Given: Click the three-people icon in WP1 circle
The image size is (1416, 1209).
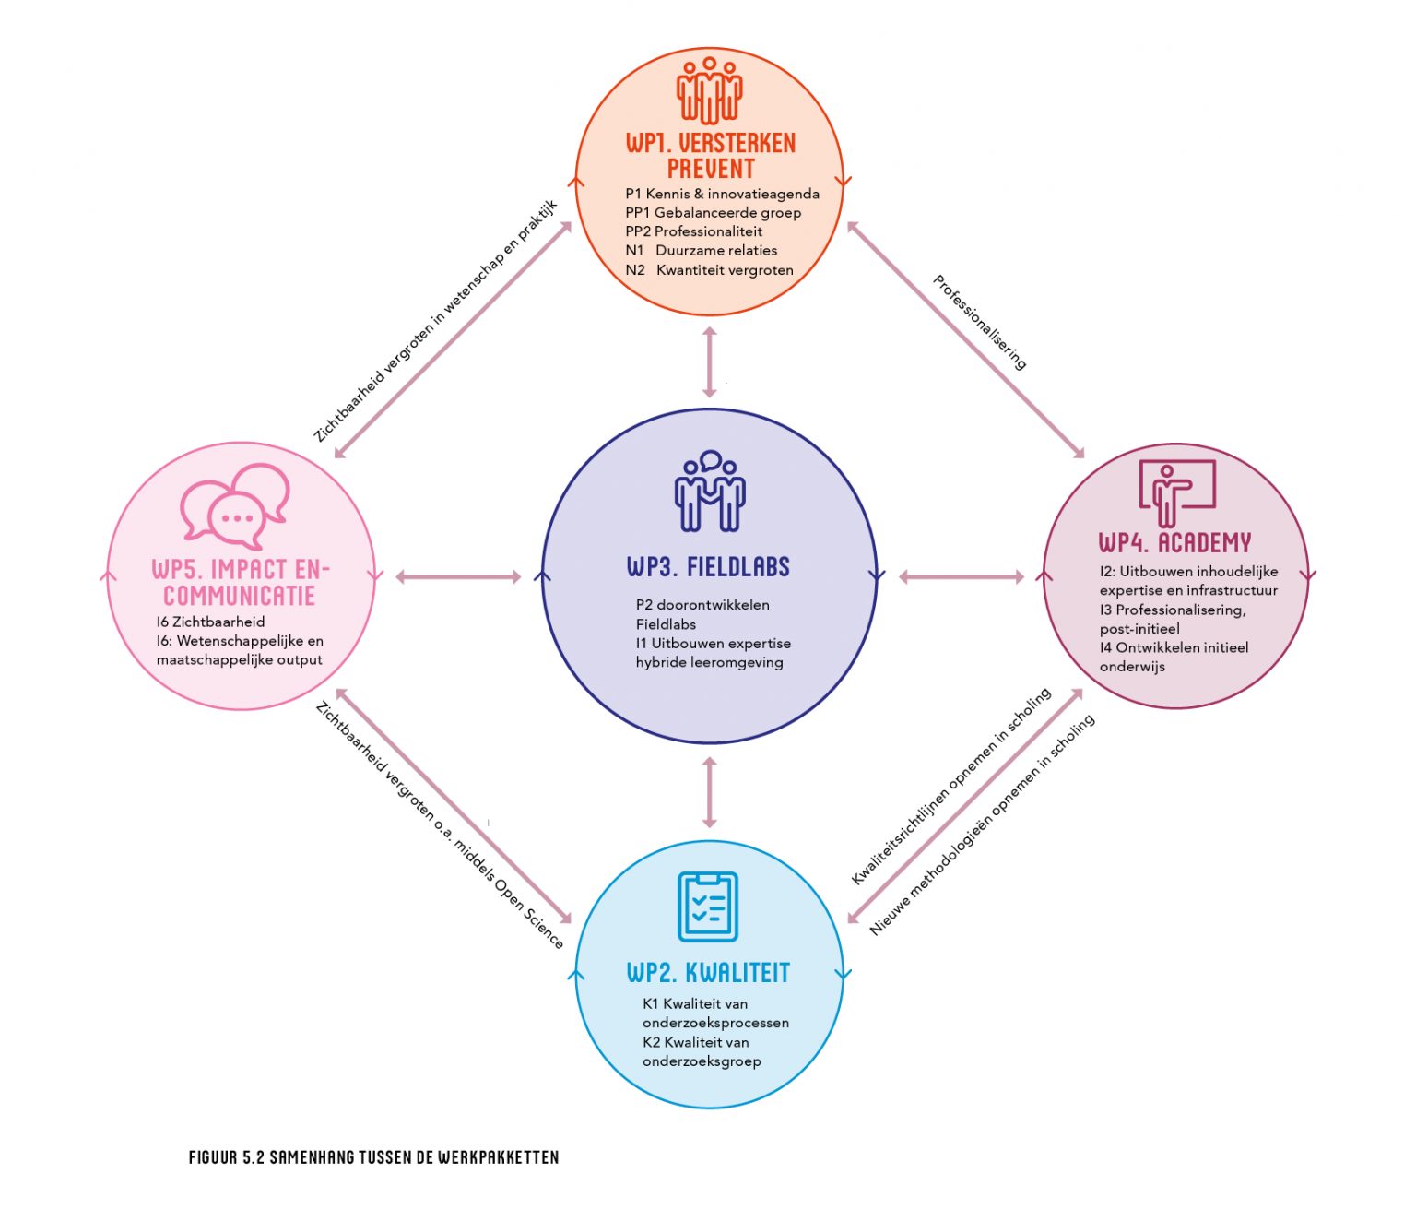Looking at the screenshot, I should tap(709, 90).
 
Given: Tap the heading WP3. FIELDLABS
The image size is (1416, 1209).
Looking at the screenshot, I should tap(708, 566).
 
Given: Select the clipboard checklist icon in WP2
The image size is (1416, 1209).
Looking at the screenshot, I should tap(708, 906).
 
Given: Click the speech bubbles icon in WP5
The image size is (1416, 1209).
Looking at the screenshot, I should tap(235, 505).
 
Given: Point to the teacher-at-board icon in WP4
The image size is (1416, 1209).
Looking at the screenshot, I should tap(1177, 492).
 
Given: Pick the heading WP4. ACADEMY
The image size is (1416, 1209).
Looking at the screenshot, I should tap(1174, 542).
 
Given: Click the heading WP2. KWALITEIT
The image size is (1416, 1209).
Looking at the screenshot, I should tap(708, 972).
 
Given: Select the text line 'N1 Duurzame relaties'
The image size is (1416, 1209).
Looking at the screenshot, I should tap(701, 251).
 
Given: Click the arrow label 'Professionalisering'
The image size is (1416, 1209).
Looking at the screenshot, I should tap(980, 322).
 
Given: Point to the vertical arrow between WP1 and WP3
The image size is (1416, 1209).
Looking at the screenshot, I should tap(709, 362).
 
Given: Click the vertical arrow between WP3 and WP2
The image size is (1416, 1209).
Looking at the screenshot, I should tap(709, 792).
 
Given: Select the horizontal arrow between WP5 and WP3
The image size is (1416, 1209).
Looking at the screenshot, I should tap(458, 577).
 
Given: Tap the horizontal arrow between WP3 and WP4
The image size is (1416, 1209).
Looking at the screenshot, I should tap(961, 577).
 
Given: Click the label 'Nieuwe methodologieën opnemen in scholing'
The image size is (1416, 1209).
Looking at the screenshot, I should tap(983, 824).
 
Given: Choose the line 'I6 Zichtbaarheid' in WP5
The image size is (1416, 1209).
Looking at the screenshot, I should tap(210, 622).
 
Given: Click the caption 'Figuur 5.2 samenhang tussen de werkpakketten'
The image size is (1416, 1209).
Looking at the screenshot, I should tap(373, 1156).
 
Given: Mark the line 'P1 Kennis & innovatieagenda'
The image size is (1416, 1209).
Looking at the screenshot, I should tap(722, 194).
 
